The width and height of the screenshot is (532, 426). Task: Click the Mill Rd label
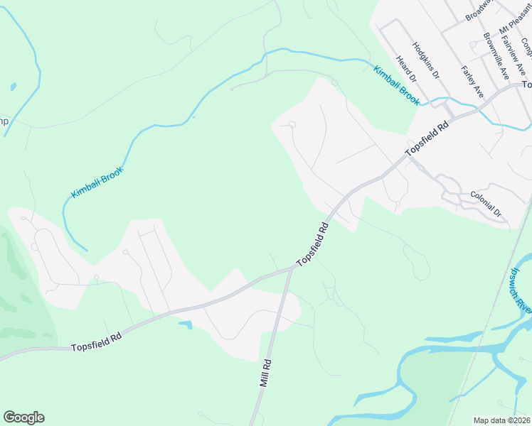(265, 372)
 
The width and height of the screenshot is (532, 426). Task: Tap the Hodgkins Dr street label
(425, 63)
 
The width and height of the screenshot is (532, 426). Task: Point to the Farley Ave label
(473, 82)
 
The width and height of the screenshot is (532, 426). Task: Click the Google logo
(23, 417)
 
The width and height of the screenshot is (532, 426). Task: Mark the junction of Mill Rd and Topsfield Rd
(291, 269)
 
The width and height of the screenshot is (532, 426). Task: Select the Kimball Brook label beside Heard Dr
(396, 86)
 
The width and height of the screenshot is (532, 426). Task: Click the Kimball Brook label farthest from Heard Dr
(97, 183)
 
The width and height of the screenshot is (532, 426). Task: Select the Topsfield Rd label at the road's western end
(97, 342)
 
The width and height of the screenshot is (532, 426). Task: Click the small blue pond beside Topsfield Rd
(185, 325)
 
